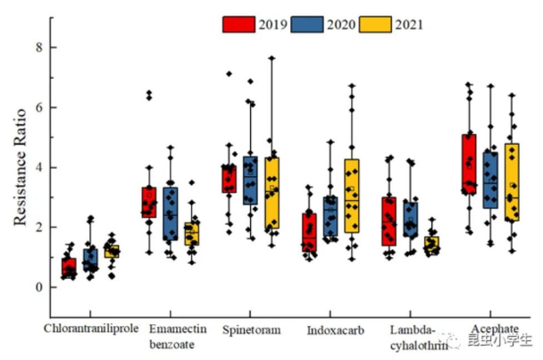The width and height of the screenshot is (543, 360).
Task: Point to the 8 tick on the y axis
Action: [38, 46]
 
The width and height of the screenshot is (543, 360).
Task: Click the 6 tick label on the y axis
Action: [38, 107]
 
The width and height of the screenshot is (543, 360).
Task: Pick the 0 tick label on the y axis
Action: [38, 288]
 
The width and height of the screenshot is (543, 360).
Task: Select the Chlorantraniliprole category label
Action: [91, 329]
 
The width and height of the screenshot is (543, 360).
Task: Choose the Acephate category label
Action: [489, 329]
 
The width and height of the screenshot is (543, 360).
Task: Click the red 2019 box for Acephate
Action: [469, 162]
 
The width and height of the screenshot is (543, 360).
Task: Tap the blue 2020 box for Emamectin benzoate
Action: [170, 213]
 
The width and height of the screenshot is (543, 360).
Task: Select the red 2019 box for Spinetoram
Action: [230, 178]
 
